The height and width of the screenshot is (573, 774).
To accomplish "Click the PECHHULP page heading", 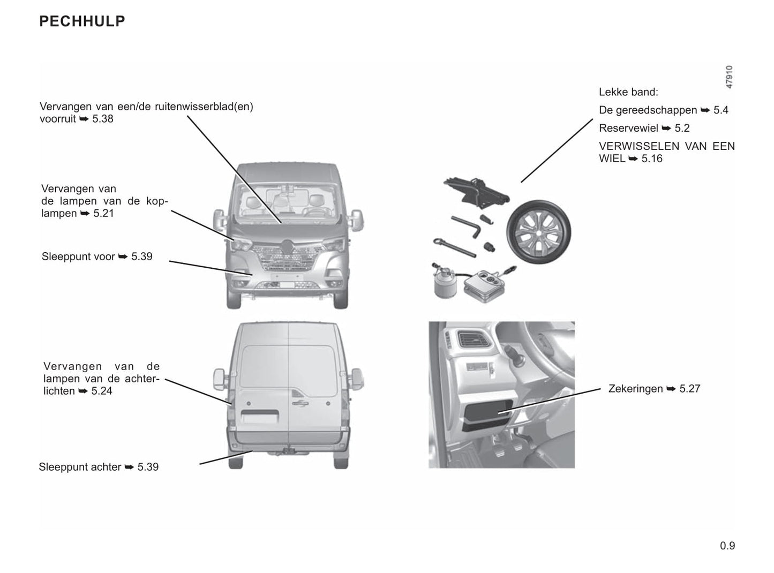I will tap(82, 21).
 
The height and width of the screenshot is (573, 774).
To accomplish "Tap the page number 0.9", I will tap(727, 546).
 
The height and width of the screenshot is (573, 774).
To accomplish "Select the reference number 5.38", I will tap(102, 119).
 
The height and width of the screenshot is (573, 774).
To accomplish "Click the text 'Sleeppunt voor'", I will tap(78, 257).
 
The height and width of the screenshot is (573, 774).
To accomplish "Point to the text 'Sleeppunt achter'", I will tap(80, 467).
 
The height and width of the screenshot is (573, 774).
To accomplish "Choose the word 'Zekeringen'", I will tap(635, 389).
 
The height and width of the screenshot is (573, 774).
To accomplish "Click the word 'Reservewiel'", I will tap(628, 128).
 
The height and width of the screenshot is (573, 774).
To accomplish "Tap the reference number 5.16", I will tap(652, 159).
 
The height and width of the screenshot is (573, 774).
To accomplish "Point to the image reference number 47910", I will tap(729, 77).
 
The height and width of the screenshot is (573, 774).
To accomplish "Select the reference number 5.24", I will tap(102, 391).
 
